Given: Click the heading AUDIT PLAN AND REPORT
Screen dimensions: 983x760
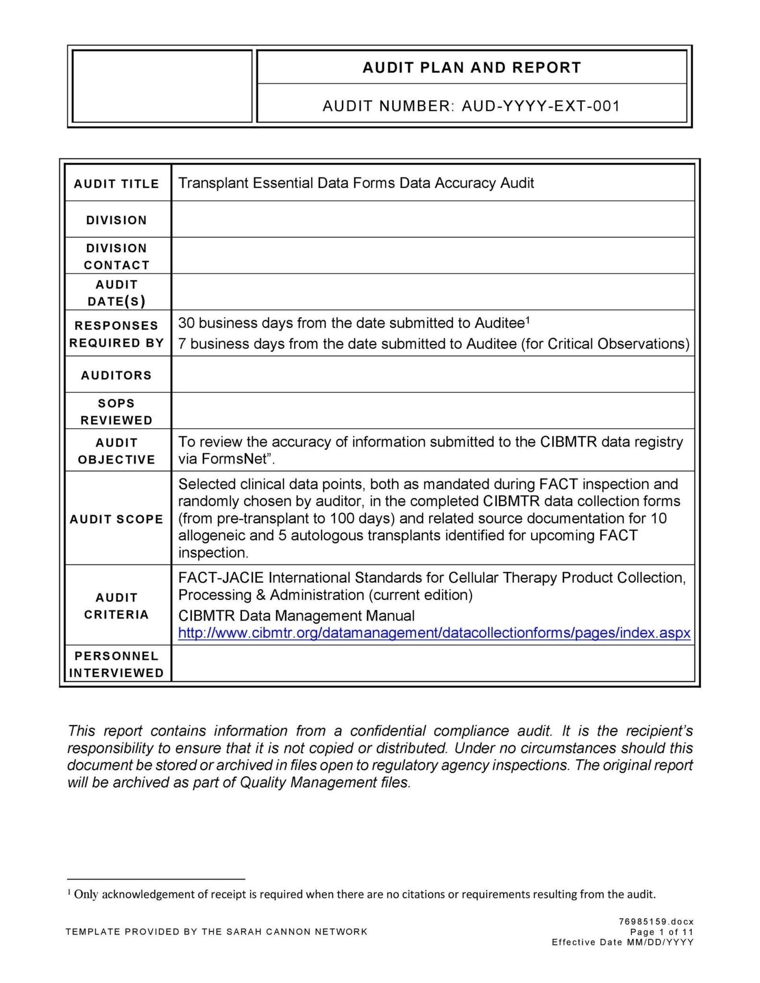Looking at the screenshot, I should click(x=471, y=68).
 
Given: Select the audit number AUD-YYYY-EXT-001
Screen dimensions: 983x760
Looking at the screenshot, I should click(x=541, y=106).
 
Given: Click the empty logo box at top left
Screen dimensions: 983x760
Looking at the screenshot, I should click(x=162, y=86).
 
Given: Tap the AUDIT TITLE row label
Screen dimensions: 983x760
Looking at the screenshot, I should click(x=116, y=184).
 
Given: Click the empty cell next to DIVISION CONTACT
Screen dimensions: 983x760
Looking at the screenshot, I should click(x=432, y=256).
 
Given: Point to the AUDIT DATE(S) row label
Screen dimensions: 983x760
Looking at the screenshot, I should click(x=116, y=293).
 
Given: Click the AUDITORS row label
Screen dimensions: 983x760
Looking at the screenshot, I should click(x=116, y=375).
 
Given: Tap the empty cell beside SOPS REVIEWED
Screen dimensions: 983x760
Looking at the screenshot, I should click(x=432, y=411).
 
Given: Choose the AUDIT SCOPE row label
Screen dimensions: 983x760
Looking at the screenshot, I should click(x=116, y=519).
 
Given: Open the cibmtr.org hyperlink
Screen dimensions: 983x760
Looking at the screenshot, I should click(x=434, y=633).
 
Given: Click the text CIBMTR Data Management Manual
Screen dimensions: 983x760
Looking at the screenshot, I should click(x=296, y=616).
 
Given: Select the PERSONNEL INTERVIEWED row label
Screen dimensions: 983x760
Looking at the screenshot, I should click(x=116, y=664).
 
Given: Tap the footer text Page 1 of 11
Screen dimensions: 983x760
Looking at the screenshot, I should click(x=662, y=932).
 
